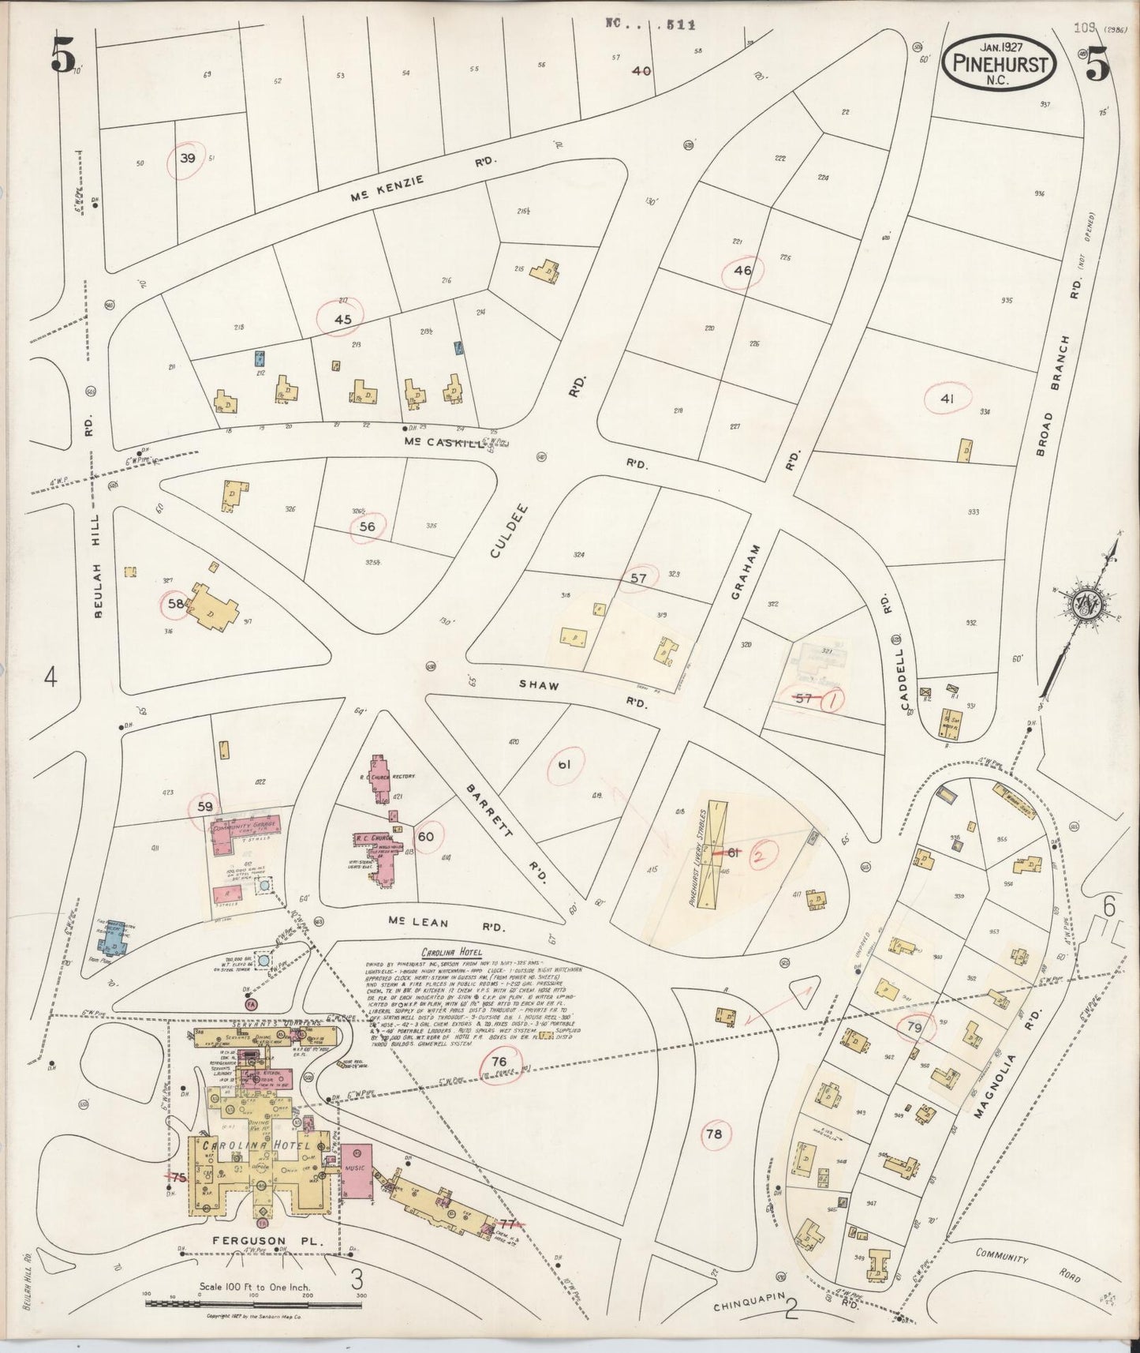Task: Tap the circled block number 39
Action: (x=187, y=159)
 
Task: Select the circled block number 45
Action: (x=342, y=319)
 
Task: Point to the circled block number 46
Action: (x=742, y=270)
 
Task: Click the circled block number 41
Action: (x=947, y=399)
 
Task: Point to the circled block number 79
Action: (x=914, y=1027)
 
